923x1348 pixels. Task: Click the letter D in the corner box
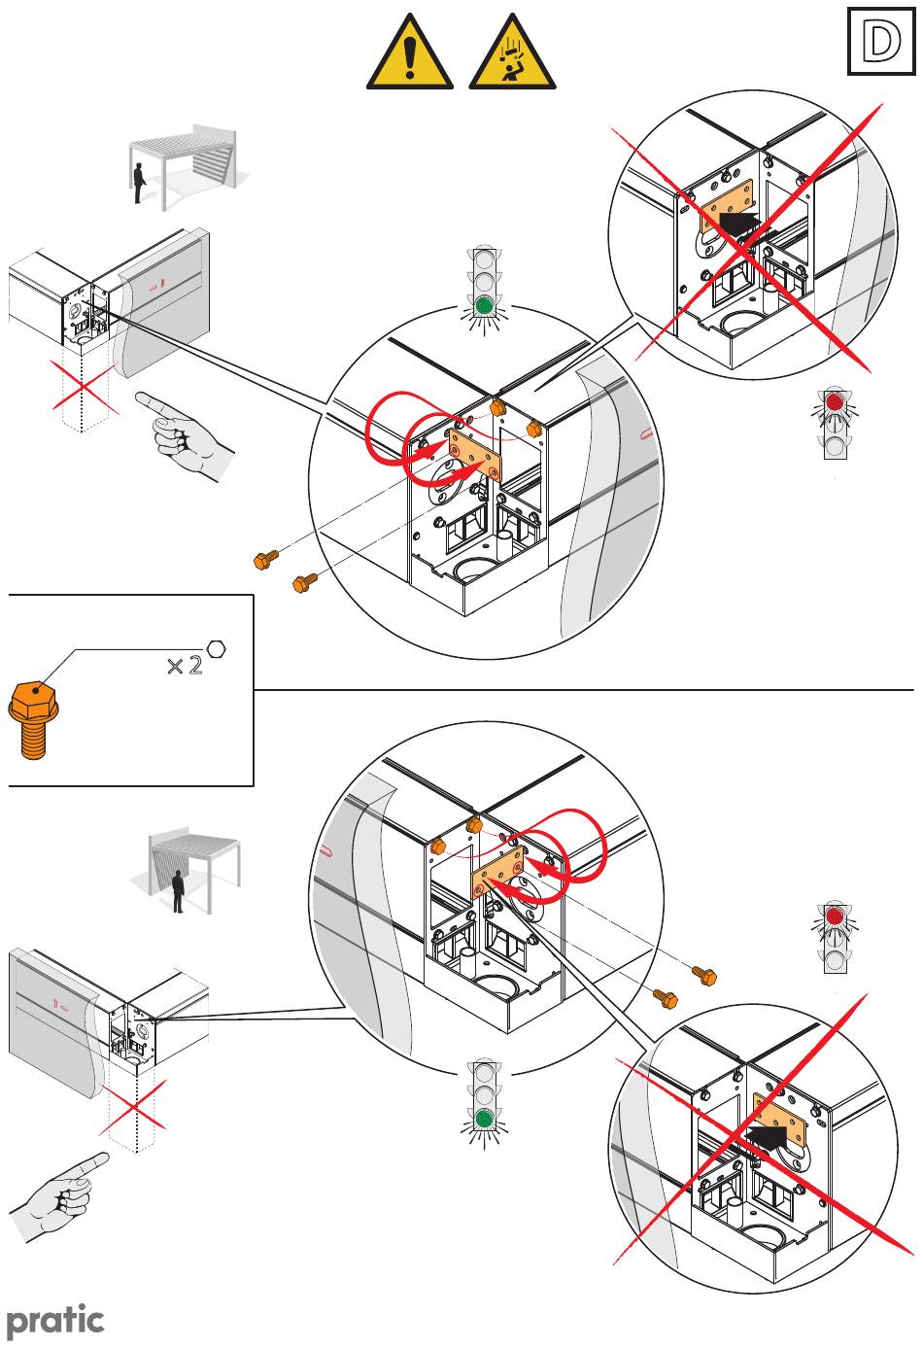[x=879, y=43]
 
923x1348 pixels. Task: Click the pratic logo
[x=55, y=1320]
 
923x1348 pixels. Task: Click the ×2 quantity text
[x=185, y=666]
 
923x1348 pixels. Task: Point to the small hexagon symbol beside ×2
[x=217, y=647]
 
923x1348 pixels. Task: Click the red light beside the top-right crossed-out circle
[x=835, y=401]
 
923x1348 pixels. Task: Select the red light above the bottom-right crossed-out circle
[x=835, y=916]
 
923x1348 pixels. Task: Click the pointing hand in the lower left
[x=59, y=1193]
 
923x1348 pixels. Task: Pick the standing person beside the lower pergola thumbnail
[x=178, y=892]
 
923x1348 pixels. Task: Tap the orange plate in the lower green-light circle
[x=499, y=871]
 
